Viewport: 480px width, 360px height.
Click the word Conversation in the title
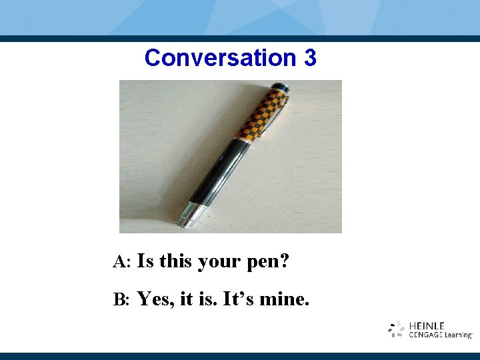click(x=220, y=58)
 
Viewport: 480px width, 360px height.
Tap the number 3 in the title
click(x=309, y=58)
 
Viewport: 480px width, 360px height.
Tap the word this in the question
click(x=175, y=261)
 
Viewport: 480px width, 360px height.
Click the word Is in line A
click(x=145, y=261)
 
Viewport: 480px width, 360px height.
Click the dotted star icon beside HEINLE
click(x=397, y=329)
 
